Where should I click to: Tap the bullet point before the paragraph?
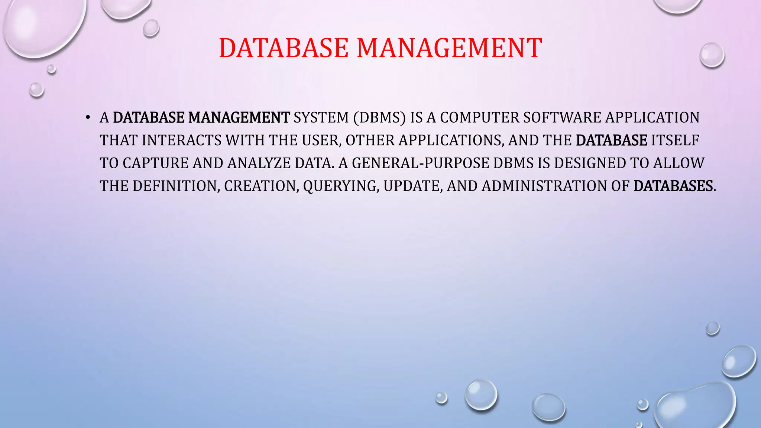click(88, 118)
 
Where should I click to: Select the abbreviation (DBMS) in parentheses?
click(379, 117)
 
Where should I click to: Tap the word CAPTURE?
click(155, 163)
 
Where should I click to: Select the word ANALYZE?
click(259, 163)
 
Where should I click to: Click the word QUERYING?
click(341, 186)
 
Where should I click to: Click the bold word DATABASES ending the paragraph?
click(673, 186)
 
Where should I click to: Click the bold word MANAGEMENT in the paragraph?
click(239, 117)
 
